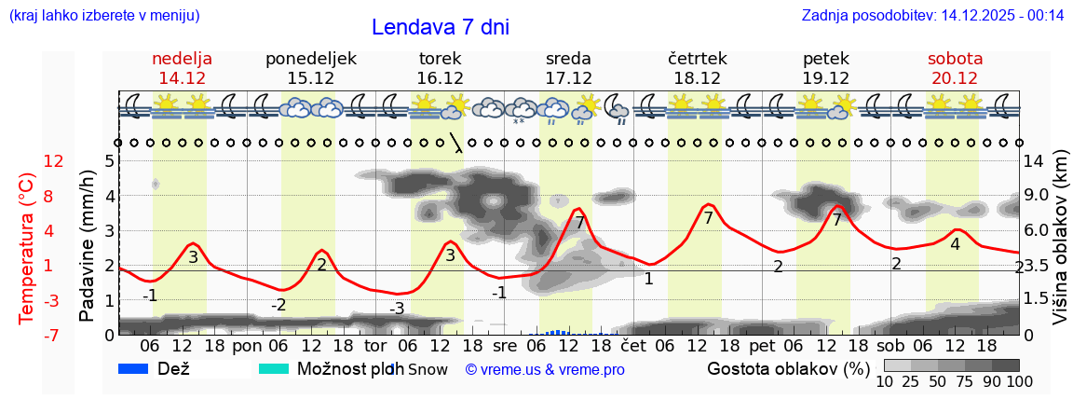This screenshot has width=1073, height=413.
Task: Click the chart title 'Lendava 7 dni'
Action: tap(440, 27)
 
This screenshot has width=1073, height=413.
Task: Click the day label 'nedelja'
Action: tap(183, 59)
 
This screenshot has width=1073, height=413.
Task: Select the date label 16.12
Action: tap(440, 78)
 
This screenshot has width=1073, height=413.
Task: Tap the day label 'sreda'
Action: tap(568, 59)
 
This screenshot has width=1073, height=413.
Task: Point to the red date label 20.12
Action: tap(955, 78)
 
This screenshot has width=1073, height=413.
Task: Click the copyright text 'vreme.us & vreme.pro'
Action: tap(545, 370)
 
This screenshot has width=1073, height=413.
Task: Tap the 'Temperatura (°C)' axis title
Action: tap(27, 248)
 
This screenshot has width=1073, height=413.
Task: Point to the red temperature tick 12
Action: tap(54, 161)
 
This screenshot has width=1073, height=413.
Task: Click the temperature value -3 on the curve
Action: tap(397, 309)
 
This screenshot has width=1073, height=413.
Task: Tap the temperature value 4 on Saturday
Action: tap(955, 244)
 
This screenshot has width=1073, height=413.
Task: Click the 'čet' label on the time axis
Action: tap(633, 345)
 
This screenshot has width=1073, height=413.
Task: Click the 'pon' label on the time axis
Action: tap(247, 345)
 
